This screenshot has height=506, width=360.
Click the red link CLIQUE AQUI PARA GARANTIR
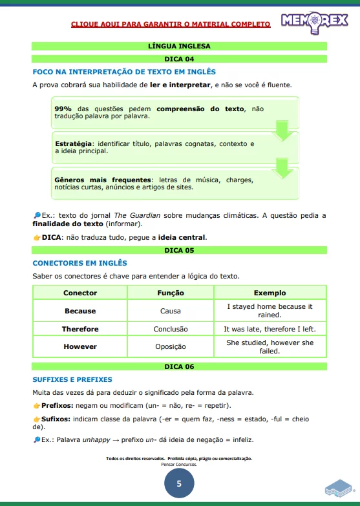171,25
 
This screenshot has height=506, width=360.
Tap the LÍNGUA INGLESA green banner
180,46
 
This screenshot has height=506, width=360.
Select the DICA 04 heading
180,59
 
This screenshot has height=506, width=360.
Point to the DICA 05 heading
180,249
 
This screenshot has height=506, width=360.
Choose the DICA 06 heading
180,366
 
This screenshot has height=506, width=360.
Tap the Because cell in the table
80,311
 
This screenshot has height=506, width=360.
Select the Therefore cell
80,329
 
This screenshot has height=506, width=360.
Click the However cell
80,346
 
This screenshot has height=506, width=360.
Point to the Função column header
171,293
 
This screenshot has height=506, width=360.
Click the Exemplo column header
270,293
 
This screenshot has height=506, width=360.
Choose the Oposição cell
171,346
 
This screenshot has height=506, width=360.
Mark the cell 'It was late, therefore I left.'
270,329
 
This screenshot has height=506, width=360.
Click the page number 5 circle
179,483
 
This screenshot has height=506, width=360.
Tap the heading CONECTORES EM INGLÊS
79,263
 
